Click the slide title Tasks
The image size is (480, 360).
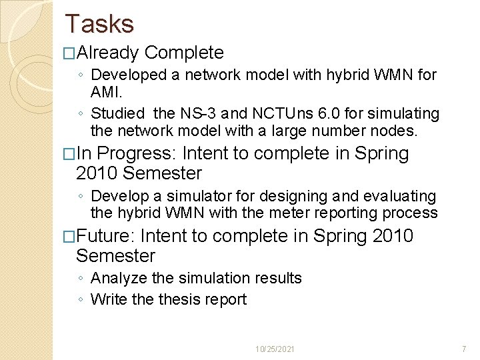click(x=99, y=24)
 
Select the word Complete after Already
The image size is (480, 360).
click(x=184, y=53)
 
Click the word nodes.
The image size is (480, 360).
click(x=395, y=131)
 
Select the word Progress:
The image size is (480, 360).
click(x=138, y=154)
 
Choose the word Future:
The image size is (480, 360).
click(x=106, y=237)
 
